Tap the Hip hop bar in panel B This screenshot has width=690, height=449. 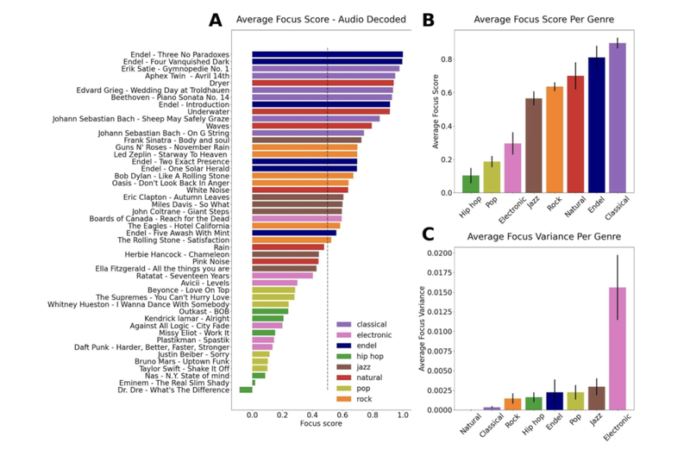(470, 184)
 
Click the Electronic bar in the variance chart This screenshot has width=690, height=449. (618, 349)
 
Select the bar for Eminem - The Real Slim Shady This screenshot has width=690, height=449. (254, 383)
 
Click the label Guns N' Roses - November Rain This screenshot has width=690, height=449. (178, 147)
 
